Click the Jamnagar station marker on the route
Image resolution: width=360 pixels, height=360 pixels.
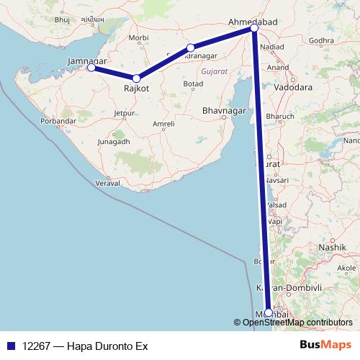91,68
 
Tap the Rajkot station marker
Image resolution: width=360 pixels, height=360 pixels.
136,78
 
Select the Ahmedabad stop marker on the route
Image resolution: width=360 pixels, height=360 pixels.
254,28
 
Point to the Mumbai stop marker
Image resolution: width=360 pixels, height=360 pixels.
269,312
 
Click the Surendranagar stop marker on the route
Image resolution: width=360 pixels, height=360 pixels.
191,48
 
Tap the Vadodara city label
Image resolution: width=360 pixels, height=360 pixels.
292,84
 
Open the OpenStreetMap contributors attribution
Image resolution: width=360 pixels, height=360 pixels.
293,322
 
